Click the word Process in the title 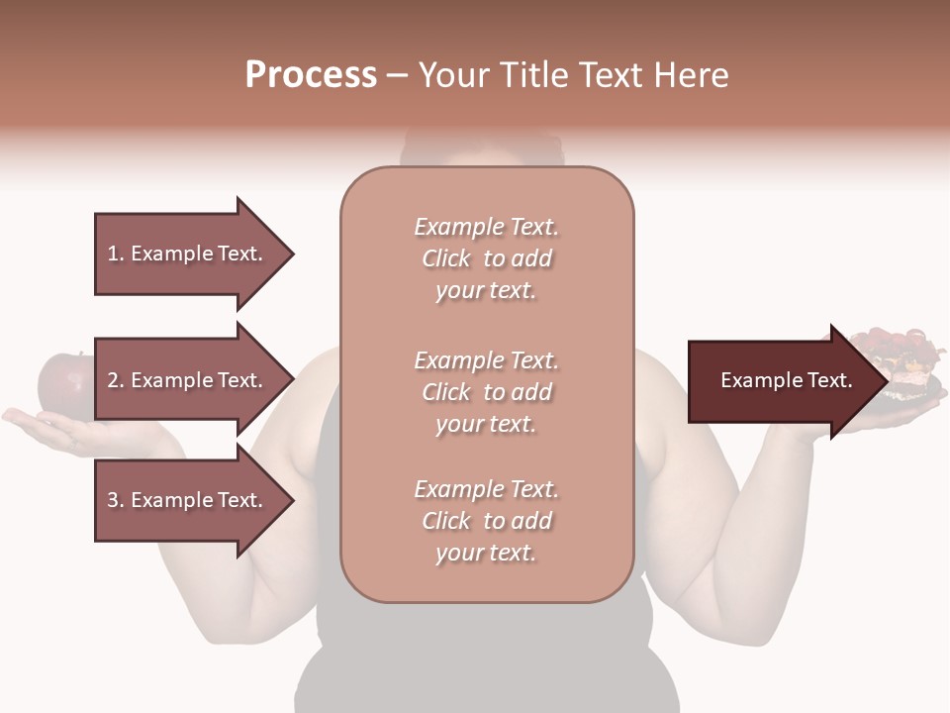point(311,75)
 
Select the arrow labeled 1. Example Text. point(188,254)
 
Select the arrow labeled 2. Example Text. point(188,380)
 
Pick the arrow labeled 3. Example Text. point(188,500)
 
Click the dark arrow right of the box point(782,381)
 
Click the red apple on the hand point(63,380)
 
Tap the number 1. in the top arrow point(116,254)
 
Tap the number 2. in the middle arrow point(116,380)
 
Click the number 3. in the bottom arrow point(116,500)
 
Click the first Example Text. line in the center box point(486,227)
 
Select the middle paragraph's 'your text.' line point(486,424)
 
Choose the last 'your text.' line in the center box point(486,553)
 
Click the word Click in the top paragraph point(446,258)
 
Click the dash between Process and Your point(397,75)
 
